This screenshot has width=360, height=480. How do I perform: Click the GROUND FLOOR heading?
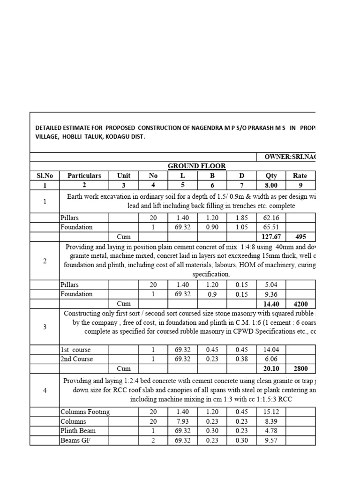coord(197,166)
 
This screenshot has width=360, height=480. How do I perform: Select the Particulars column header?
coord(84,176)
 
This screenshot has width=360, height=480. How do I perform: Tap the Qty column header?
coord(271,176)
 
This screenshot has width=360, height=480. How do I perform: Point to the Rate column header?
coord(300,176)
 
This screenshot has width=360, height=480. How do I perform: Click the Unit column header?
coord(124,176)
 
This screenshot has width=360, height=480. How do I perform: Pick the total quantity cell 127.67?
coord(271,237)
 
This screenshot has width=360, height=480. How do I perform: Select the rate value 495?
coord(300,237)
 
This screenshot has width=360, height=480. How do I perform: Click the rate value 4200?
coord(300,304)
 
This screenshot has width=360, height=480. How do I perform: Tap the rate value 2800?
coord(300,368)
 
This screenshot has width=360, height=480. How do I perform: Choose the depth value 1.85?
coord(241,218)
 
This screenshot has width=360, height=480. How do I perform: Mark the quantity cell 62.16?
coord(271,218)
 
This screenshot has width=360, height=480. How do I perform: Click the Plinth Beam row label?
coord(78,431)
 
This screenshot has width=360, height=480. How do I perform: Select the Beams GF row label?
coord(75,440)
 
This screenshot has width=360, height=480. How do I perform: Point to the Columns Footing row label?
coord(85,412)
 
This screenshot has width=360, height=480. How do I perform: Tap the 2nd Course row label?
coord(76,359)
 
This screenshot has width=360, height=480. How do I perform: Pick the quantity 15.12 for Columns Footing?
coord(271,412)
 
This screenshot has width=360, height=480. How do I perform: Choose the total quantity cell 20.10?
coord(271,368)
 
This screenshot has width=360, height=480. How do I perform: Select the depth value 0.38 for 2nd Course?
coord(241,359)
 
